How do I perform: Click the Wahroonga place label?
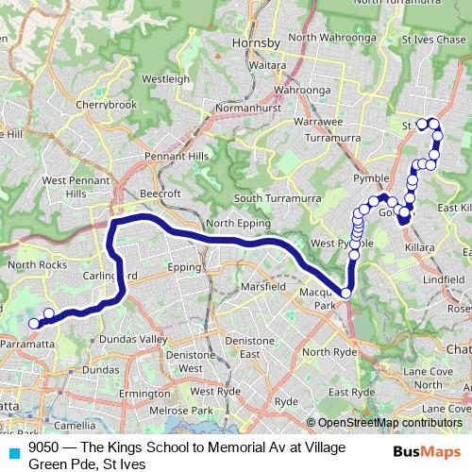pyautogui.click(x=298, y=91)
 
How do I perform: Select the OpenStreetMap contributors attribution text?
pyautogui.click(x=390, y=423)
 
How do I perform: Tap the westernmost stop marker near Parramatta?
pyautogui.click(x=33, y=324)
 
